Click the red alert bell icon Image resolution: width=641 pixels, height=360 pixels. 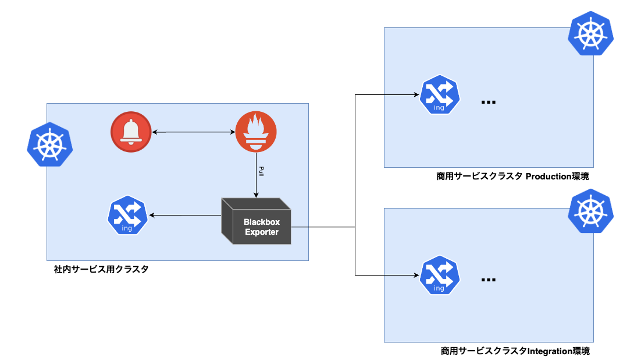pyautogui.click(x=131, y=133)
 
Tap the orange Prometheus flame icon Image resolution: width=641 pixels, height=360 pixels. pyautogui.click(x=256, y=133)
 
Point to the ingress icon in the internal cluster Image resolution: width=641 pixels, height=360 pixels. pyautogui.click(x=127, y=216)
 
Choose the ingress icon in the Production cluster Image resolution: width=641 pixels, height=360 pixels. pyautogui.click(x=439, y=95)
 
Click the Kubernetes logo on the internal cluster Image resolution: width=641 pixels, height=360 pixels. pyautogui.click(x=49, y=144)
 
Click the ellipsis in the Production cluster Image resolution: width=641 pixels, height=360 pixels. pyautogui.click(x=489, y=103)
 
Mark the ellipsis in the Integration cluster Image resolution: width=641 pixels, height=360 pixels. pyautogui.click(x=489, y=280)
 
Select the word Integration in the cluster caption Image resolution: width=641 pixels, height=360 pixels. pyautogui.click(x=550, y=351)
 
